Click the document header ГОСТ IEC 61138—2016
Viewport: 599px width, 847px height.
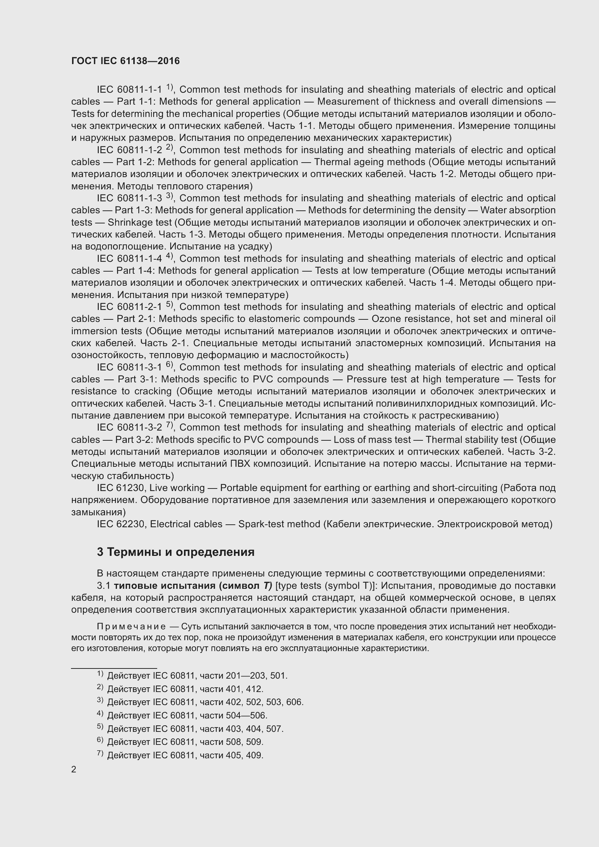pyautogui.click(x=125, y=61)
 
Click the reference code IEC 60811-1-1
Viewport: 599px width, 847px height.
pyautogui.click(x=129, y=90)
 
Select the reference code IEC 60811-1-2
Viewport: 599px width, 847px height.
pyautogui.click(x=129, y=150)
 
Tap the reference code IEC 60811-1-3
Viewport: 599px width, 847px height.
pyautogui.click(x=129, y=198)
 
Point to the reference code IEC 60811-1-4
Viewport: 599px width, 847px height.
pyautogui.click(x=129, y=259)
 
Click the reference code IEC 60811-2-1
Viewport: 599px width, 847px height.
pyautogui.click(x=129, y=307)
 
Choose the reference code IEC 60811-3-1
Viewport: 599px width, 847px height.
pyautogui.click(x=129, y=368)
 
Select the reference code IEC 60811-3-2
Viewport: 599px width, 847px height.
pyautogui.click(x=129, y=428)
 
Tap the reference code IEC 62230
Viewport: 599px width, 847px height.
pyautogui.click(x=122, y=524)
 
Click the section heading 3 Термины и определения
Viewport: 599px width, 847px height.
pyautogui.click(x=176, y=552)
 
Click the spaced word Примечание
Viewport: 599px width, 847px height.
pyautogui.click(x=131, y=627)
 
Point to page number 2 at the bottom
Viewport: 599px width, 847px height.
pyautogui.click(x=74, y=770)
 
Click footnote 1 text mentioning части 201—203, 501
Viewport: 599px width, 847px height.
pyautogui.click(x=197, y=676)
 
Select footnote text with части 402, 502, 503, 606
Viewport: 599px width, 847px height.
pyautogui.click(x=205, y=703)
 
